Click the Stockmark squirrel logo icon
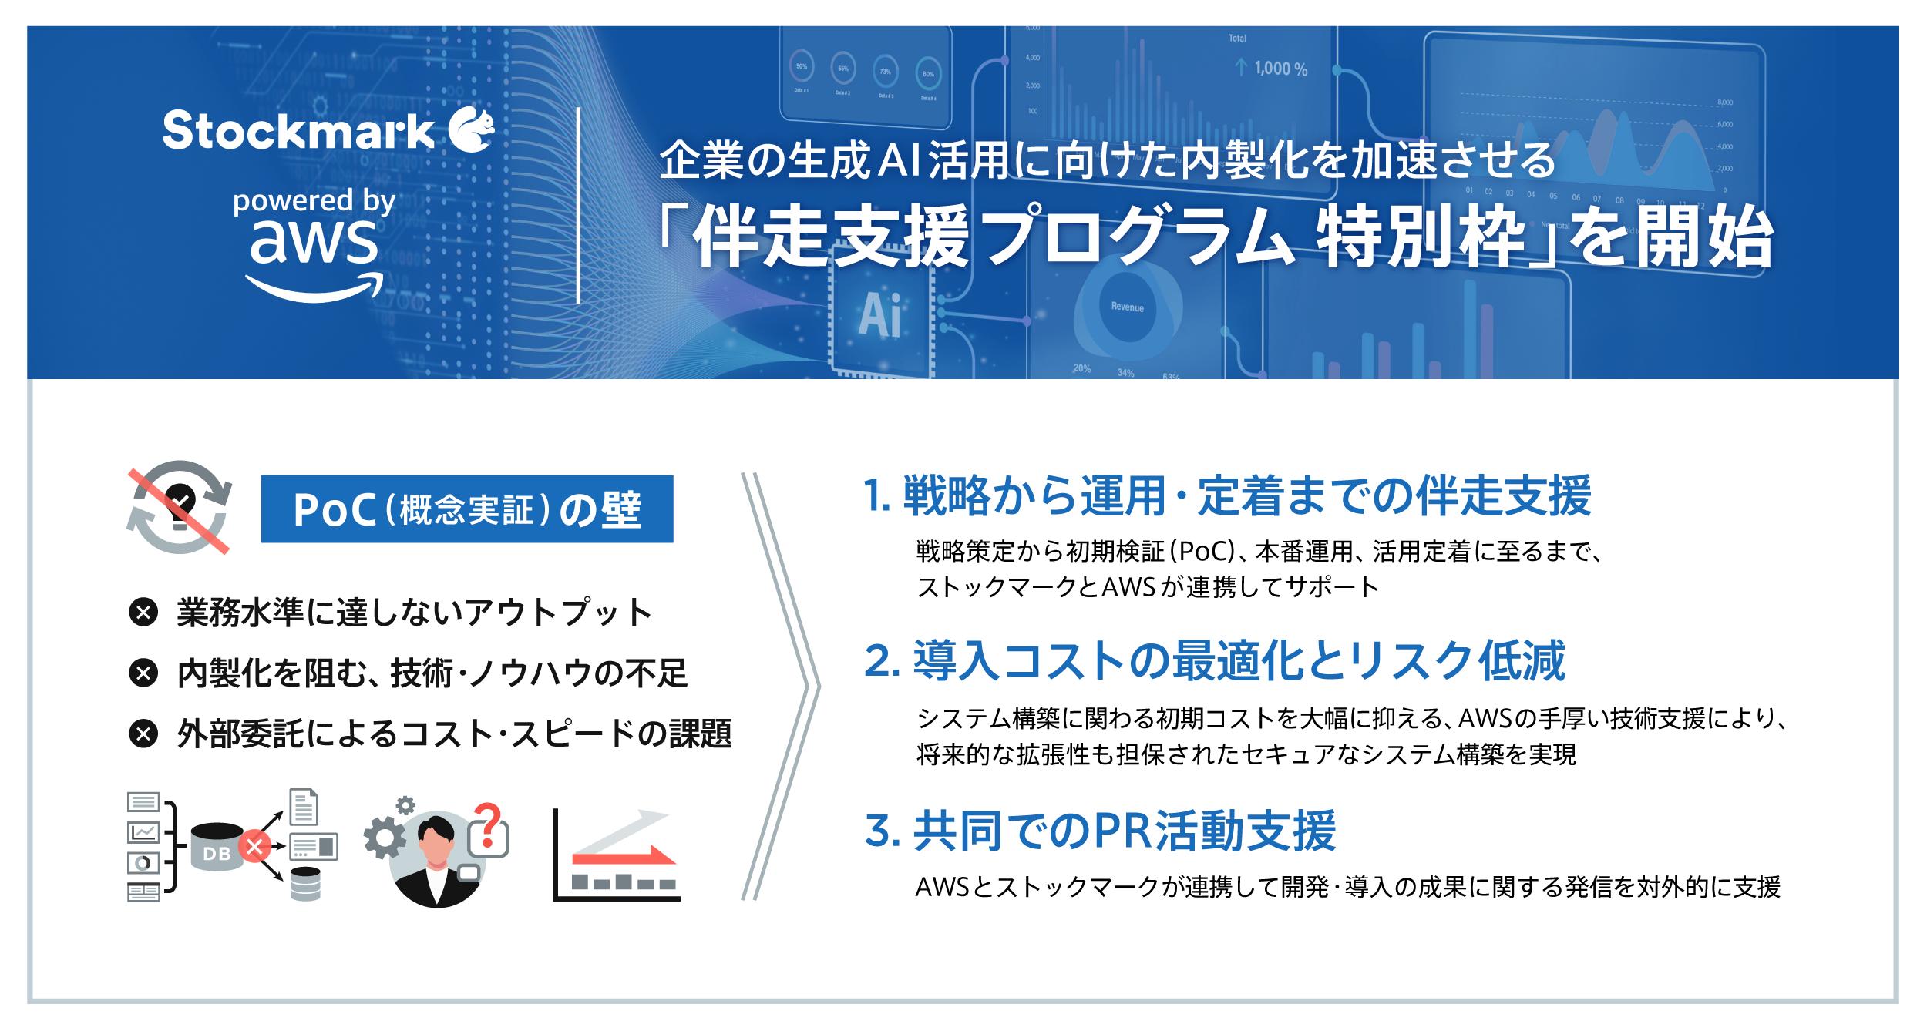click(472, 129)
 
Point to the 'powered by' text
click(314, 201)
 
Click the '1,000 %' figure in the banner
click(1280, 69)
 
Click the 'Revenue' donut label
click(1127, 307)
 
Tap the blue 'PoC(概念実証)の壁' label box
click(467, 509)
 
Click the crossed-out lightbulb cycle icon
click(179, 507)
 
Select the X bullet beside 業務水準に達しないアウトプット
click(143, 613)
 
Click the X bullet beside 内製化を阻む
click(143, 673)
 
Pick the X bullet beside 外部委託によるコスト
click(143, 733)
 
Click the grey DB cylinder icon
click(216, 847)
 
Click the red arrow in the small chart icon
click(624, 855)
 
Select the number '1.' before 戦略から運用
click(877, 495)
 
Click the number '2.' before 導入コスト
click(883, 660)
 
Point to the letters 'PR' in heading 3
click(1123, 831)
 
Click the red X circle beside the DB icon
click(254, 846)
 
